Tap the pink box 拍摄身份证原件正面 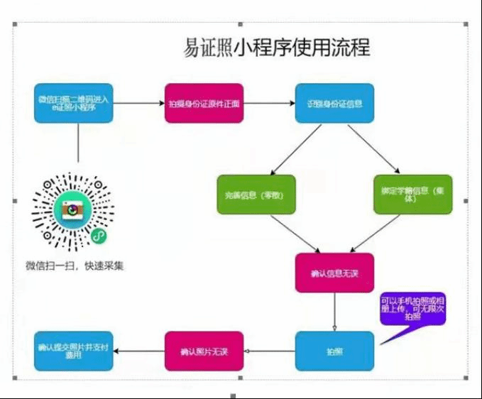tap(204, 104)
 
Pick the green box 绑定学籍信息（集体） tap(412, 195)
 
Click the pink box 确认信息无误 tap(334, 272)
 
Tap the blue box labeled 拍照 tap(334, 351)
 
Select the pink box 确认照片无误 tap(204, 351)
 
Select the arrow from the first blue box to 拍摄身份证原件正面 tap(138, 104)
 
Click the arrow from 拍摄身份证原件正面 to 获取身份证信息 tap(269, 104)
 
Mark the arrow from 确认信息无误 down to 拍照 tap(334, 310)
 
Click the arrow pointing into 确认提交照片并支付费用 tap(138, 351)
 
